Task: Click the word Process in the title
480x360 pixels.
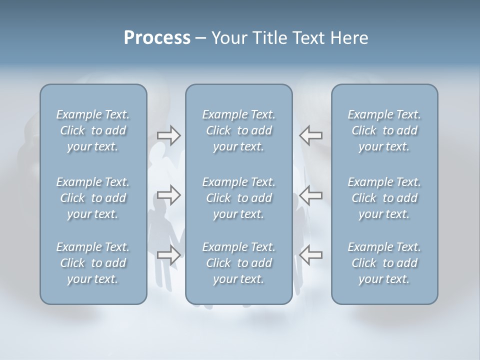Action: click(x=157, y=38)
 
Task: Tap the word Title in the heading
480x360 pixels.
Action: click(x=265, y=38)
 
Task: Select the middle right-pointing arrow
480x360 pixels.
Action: click(x=169, y=195)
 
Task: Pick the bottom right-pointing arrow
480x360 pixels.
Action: click(x=169, y=255)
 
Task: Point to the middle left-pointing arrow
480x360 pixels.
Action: click(x=311, y=195)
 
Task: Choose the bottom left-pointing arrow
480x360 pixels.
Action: click(x=311, y=255)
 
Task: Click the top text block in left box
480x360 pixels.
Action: click(x=93, y=130)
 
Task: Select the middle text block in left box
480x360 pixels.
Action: click(x=93, y=198)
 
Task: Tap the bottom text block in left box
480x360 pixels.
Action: click(x=93, y=263)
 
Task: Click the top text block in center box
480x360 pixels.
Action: click(x=239, y=130)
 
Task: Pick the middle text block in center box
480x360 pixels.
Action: click(x=239, y=198)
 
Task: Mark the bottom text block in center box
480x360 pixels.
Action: click(x=239, y=263)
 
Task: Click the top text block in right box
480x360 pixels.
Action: click(x=384, y=130)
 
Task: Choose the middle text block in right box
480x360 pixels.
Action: click(x=384, y=198)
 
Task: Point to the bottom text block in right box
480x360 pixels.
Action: click(x=384, y=263)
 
